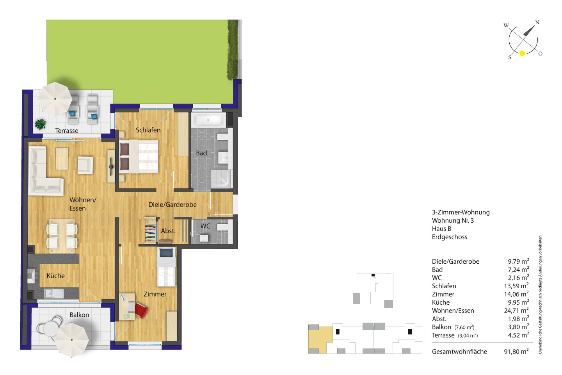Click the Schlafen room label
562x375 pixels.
click(x=148, y=130)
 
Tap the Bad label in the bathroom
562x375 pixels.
click(x=201, y=153)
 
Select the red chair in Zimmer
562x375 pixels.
click(x=141, y=311)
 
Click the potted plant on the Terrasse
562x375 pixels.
click(x=41, y=124)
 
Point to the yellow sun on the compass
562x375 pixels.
click(x=522, y=53)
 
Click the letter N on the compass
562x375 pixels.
click(x=537, y=22)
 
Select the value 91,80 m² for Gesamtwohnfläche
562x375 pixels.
click(x=516, y=352)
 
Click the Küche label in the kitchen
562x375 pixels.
click(x=56, y=276)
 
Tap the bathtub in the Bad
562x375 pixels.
click(x=208, y=120)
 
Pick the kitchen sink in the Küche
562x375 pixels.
click(x=53, y=293)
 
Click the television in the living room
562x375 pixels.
click(x=111, y=166)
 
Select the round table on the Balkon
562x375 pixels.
click(x=52, y=329)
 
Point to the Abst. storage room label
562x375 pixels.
click(x=168, y=231)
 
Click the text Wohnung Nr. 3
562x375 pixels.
click(x=453, y=221)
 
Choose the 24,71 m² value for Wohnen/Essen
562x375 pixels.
click(x=516, y=311)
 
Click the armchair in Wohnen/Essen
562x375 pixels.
click(x=85, y=165)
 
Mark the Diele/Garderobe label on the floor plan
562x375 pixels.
click(x=173, y=204)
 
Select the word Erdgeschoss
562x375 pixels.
click(x=450, y=237)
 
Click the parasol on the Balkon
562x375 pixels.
click(x=71, y=340)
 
